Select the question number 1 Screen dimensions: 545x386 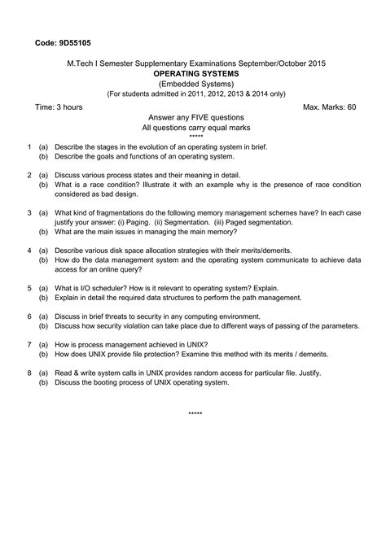coord(29,147)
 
